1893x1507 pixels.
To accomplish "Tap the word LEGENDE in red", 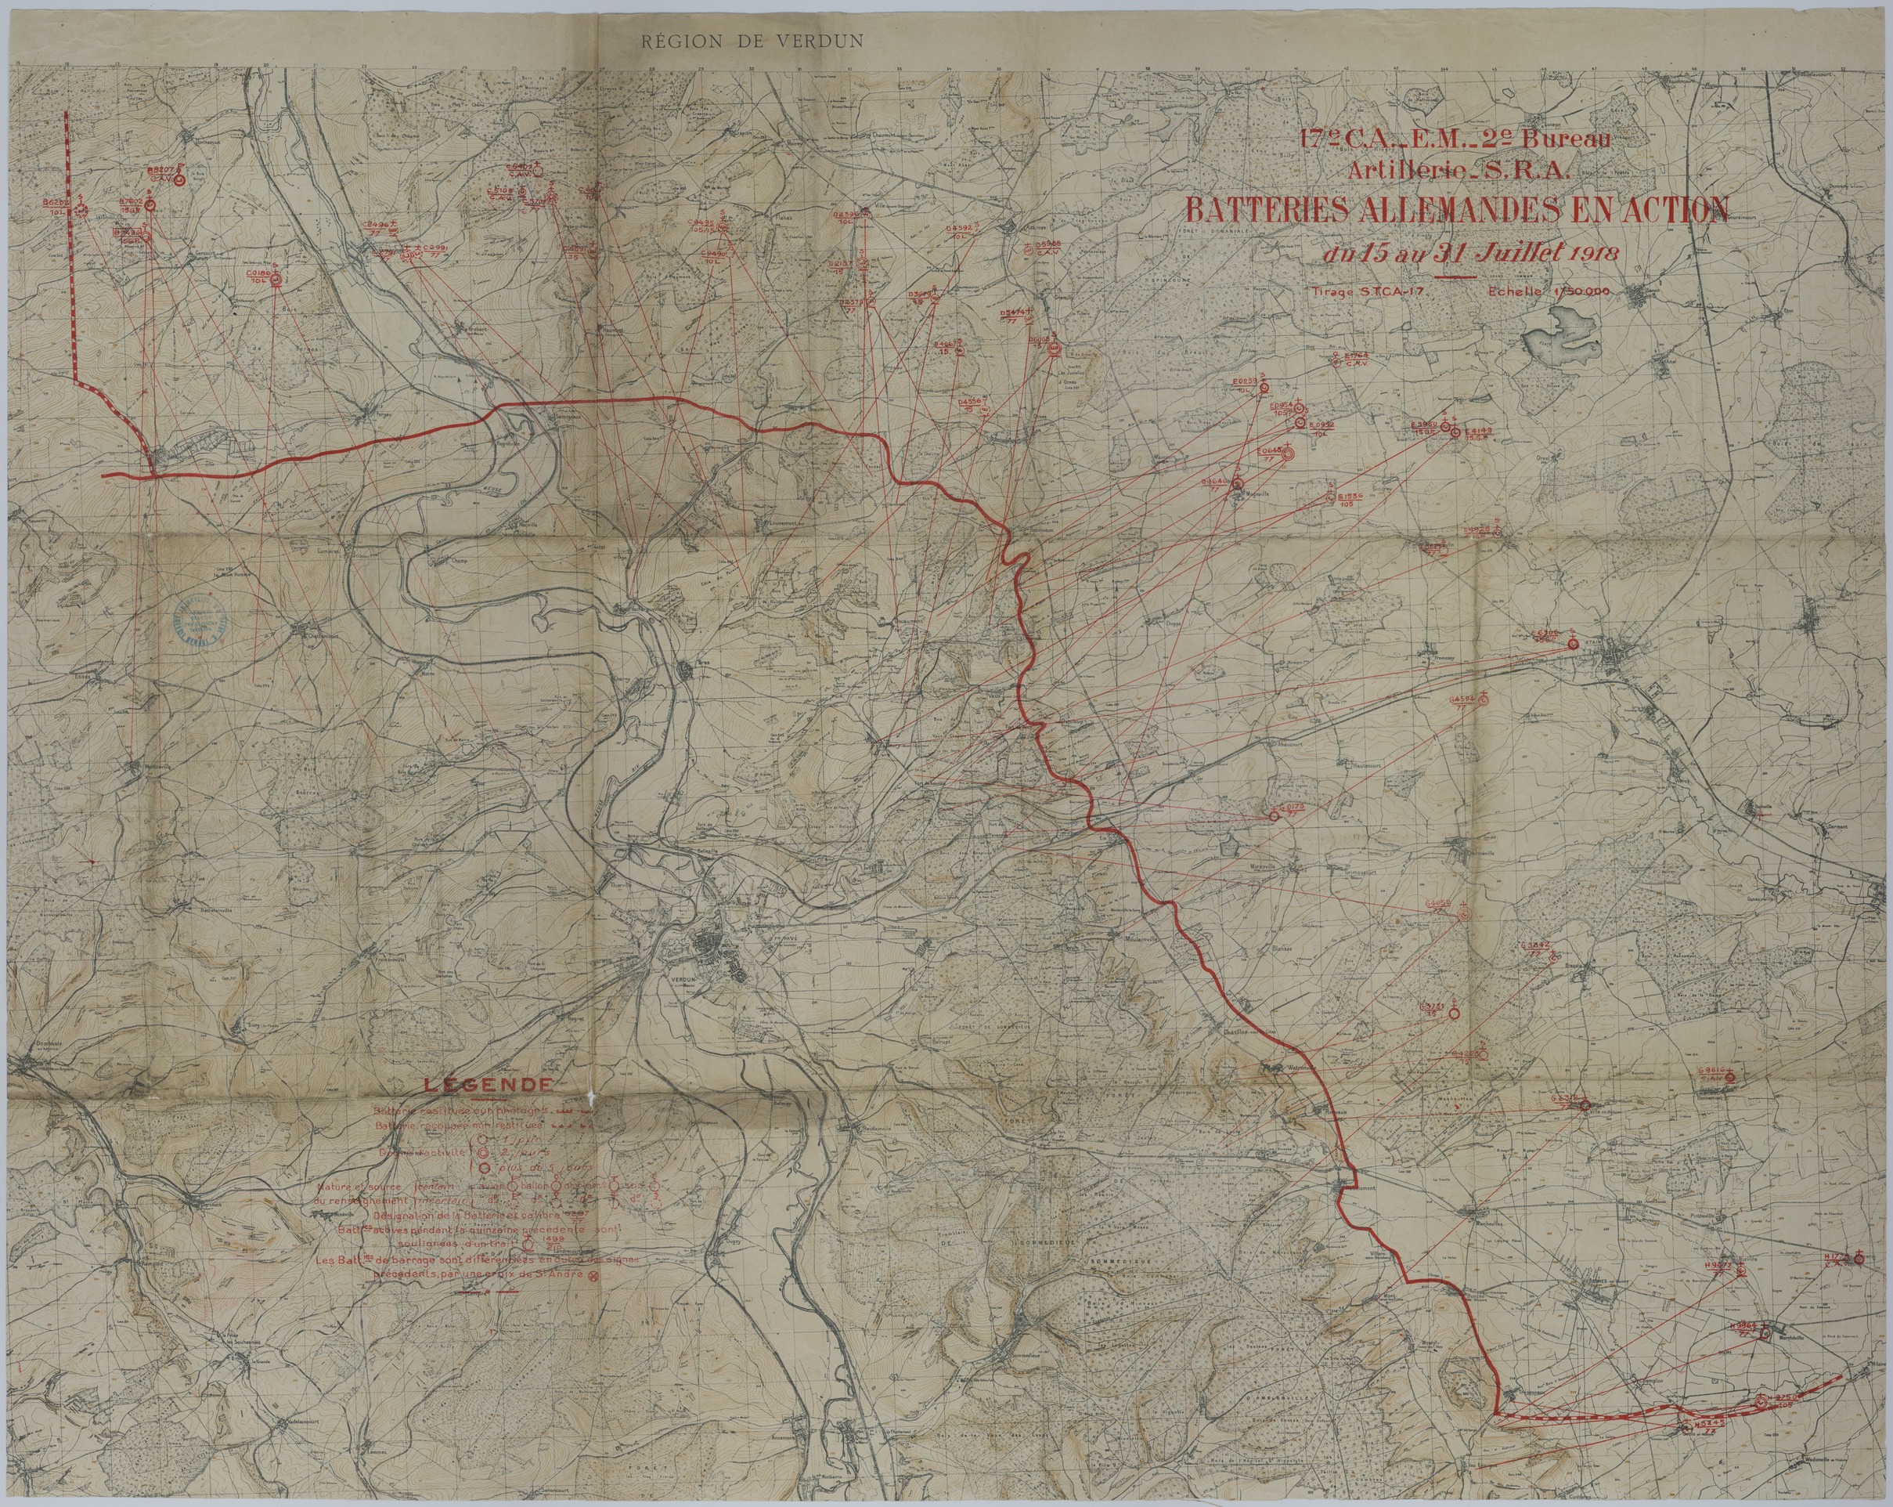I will [x=489, y=1086].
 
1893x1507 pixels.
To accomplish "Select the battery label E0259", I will [x=1245, y=383].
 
